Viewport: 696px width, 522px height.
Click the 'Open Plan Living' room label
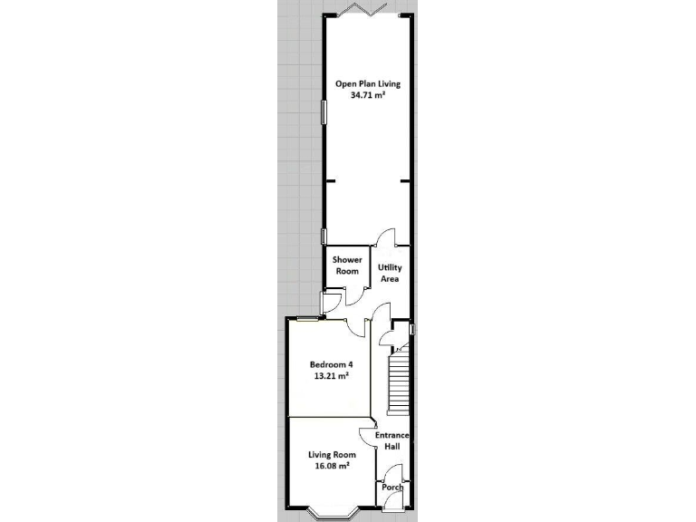[x=368, y=83]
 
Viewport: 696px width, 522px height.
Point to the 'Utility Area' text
[x=390, y=274]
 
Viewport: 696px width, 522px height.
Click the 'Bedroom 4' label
[x=331, y=365]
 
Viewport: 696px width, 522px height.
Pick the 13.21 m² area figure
[x=331, y=377]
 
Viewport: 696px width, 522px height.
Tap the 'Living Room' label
[x=331, y=454]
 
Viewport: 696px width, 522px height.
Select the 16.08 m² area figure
[x=331, y=466]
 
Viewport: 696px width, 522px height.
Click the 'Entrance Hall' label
[x=392, y=441]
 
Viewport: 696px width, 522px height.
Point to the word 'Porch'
[x=392, y=488]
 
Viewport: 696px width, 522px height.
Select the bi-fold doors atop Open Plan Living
[x=368, y=10]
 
